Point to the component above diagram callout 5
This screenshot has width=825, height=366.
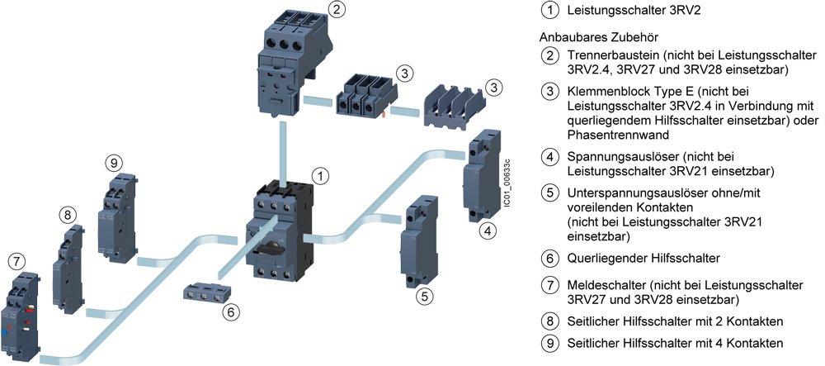418,240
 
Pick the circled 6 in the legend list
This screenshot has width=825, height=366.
549,258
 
